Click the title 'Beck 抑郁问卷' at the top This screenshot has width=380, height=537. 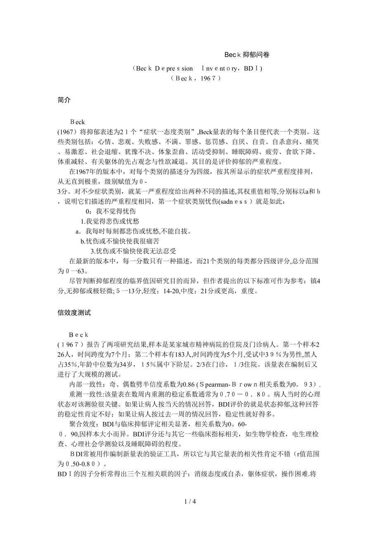[247, 54]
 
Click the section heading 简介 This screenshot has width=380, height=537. [64, 100]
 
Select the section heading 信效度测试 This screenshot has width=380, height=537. [74, 313]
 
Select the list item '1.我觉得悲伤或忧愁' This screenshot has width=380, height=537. [104, 221]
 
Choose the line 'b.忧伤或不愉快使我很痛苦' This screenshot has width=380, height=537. [120, 241]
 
